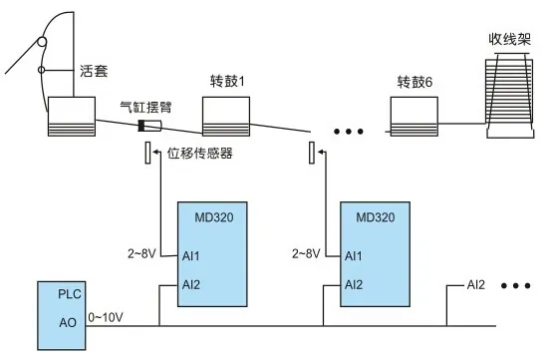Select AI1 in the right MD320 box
coord(354,256)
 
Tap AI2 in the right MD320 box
coord(354,284)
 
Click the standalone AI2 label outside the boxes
coord(476,285)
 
